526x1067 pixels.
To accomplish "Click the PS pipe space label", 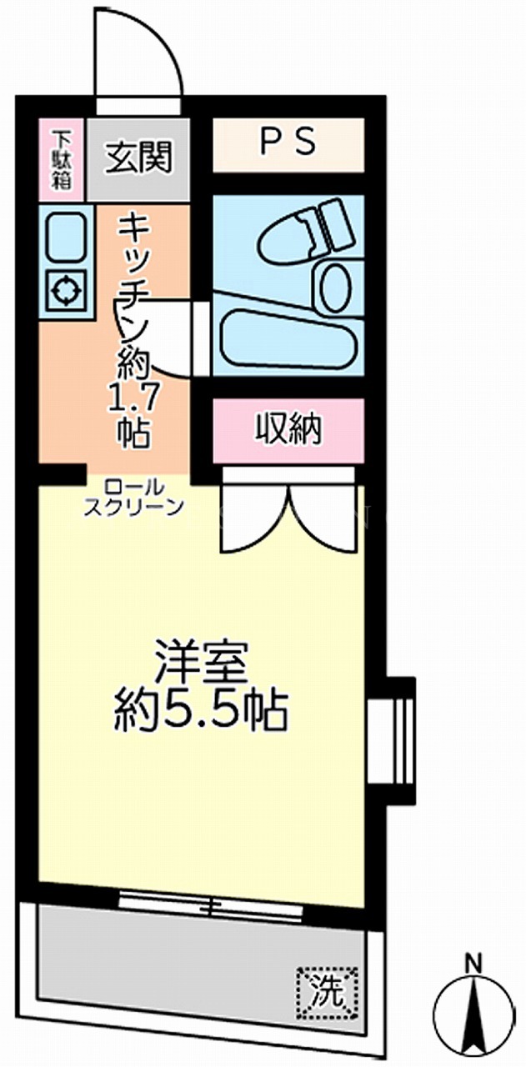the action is (288, 142).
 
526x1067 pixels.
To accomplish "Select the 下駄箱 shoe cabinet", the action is (62, 159).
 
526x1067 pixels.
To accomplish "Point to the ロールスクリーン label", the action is (133, 498).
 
